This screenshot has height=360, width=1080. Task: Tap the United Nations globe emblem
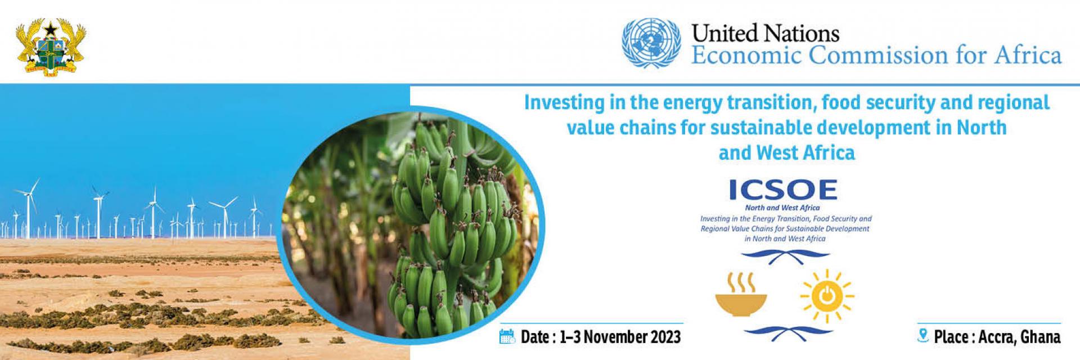click(x=651, y=43)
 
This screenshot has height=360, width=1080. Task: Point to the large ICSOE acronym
click(x=783, y=190)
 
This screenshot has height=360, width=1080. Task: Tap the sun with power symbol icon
click(x=826, y=296)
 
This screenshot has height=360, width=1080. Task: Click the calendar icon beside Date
click(x=507, y=336)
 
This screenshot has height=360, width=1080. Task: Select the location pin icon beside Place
click(x=922, y=336)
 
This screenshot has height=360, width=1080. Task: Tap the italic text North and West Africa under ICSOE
click(x=782, y=208)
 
